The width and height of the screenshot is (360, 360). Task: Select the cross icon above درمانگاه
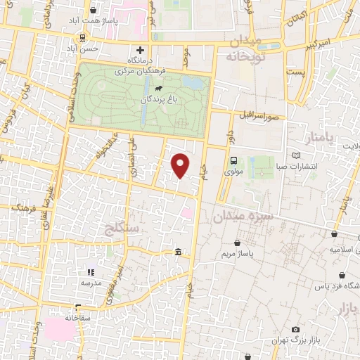coord(140,50)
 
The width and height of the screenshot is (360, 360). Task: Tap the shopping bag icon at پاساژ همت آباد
coord(94,11)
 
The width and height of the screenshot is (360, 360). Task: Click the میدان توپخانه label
coord(244,48)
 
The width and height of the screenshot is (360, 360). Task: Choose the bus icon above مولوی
coord(233,160)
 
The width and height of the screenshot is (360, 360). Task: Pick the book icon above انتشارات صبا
coord(296,155)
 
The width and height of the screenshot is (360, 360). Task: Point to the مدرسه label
coord(90,282)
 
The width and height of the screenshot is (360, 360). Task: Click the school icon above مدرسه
coord(90,271)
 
